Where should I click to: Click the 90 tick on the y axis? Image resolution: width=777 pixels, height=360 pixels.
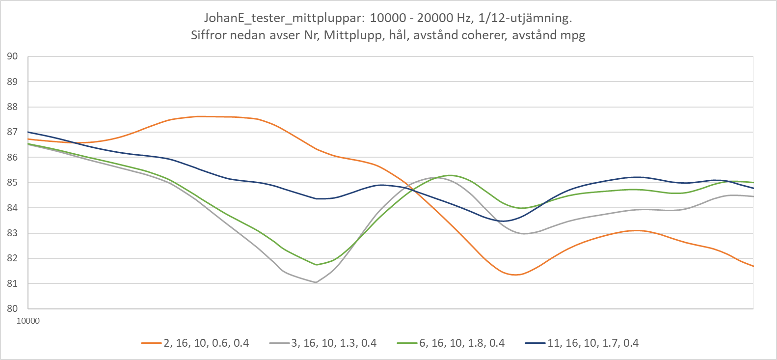coord(12,56)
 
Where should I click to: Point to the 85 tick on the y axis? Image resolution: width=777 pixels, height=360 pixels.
coord(12,183)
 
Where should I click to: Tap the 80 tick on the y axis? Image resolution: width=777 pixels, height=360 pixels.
coord(12,309)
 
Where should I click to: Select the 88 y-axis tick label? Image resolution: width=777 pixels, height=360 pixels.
coord(12,107)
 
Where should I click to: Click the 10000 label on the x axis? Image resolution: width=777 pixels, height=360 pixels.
coord(28,321)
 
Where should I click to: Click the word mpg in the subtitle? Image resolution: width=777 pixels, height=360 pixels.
coord(573,35)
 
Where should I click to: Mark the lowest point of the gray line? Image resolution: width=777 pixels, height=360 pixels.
coord(316,282)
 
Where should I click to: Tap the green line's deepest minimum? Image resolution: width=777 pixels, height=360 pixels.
coord(317,265)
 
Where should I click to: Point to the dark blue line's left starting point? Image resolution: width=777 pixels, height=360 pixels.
coord(28,132)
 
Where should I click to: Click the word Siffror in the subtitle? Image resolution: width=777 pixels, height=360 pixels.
coord(207,35)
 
